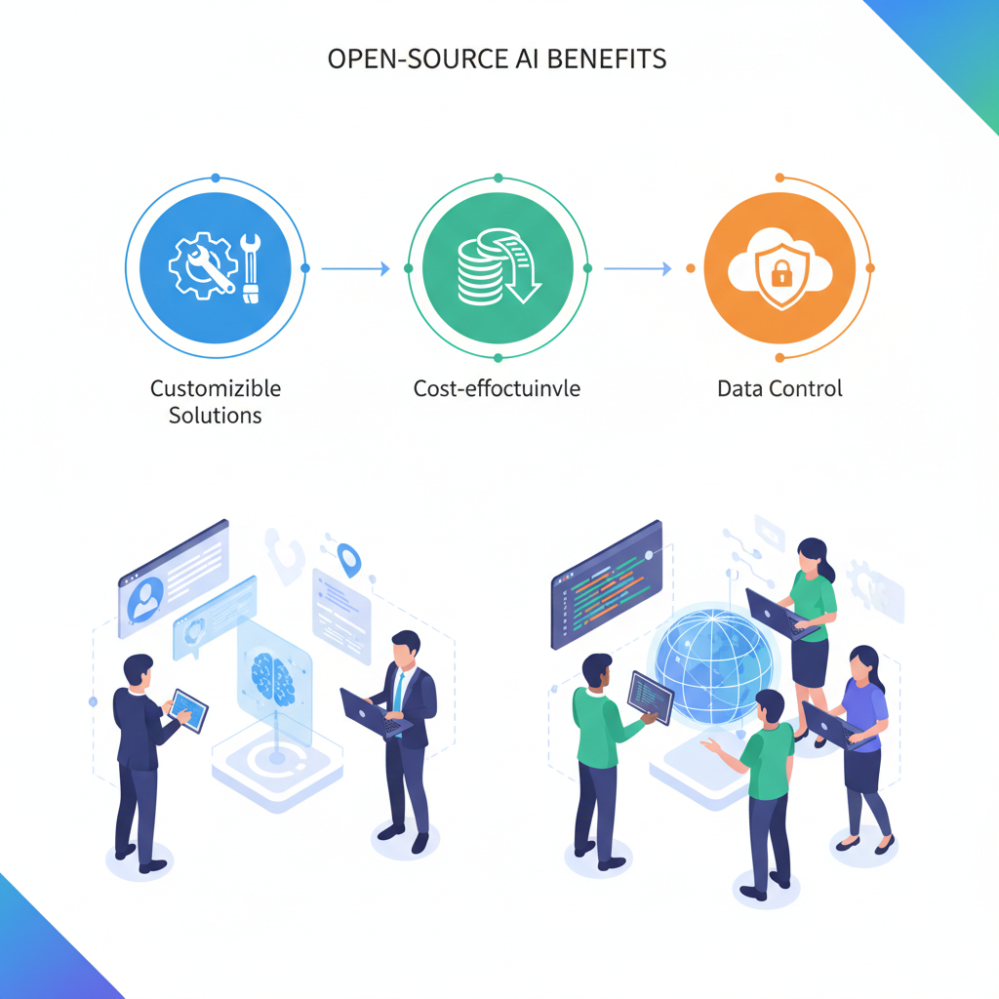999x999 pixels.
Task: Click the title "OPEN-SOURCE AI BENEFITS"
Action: pos(498,59)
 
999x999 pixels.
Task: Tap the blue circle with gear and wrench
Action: pos(215,265)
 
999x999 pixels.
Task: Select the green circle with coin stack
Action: pos(498,266)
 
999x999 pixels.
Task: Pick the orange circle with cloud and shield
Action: pos(780,266)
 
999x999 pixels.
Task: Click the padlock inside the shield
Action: pos(780,275)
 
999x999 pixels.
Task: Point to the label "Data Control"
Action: pos(779,388)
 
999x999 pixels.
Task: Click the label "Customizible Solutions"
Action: pos(215,401)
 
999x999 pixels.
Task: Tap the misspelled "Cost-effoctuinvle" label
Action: pos(498,388)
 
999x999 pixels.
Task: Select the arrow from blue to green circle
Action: pos(354,267)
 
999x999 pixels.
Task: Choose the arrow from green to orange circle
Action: pos(637,267)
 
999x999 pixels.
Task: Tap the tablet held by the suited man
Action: pos(188,710)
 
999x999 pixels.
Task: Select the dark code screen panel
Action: pos(606,582)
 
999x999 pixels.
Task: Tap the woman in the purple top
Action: pos(862,741)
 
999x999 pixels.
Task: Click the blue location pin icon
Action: pos(348,560)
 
